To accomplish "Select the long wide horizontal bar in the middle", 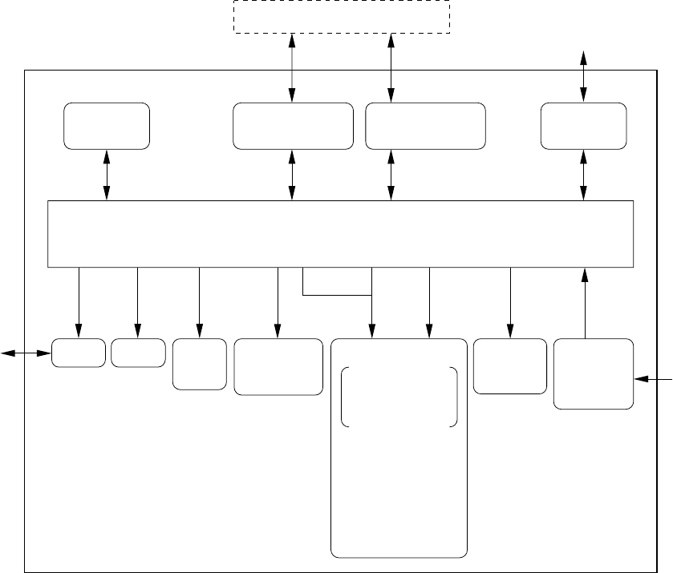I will pyautogui.click(x=341, y=233).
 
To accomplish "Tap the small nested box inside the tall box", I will pyautogui.click(x=399, y=397).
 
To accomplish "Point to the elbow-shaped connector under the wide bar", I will pyautogui.click(x=337, y=294).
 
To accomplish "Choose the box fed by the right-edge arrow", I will pyautogui.click(x=594, y=374).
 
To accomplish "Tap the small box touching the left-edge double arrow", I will pyautogui.click(x=79, y=353).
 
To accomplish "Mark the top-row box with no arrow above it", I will pyautogui.click(x=107, y=126).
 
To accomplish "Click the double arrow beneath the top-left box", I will pyautogui.click(x=107, y=175).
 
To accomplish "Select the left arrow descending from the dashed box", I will pyautogui.click(x=291, y=68).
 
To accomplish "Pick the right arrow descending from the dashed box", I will pyautogui.click(x=391, y=68).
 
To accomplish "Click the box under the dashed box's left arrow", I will pyautogui.click(x=293, y=126).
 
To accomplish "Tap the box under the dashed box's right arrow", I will pyautogui.click(x=425, y=126).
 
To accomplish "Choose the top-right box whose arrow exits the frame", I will pyautogui.click(x=583, y=126).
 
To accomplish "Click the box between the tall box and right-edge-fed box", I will pyautogui.click(x=509, y=366).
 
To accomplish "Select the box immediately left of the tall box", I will pyautogui.click(x=278, y=366).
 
